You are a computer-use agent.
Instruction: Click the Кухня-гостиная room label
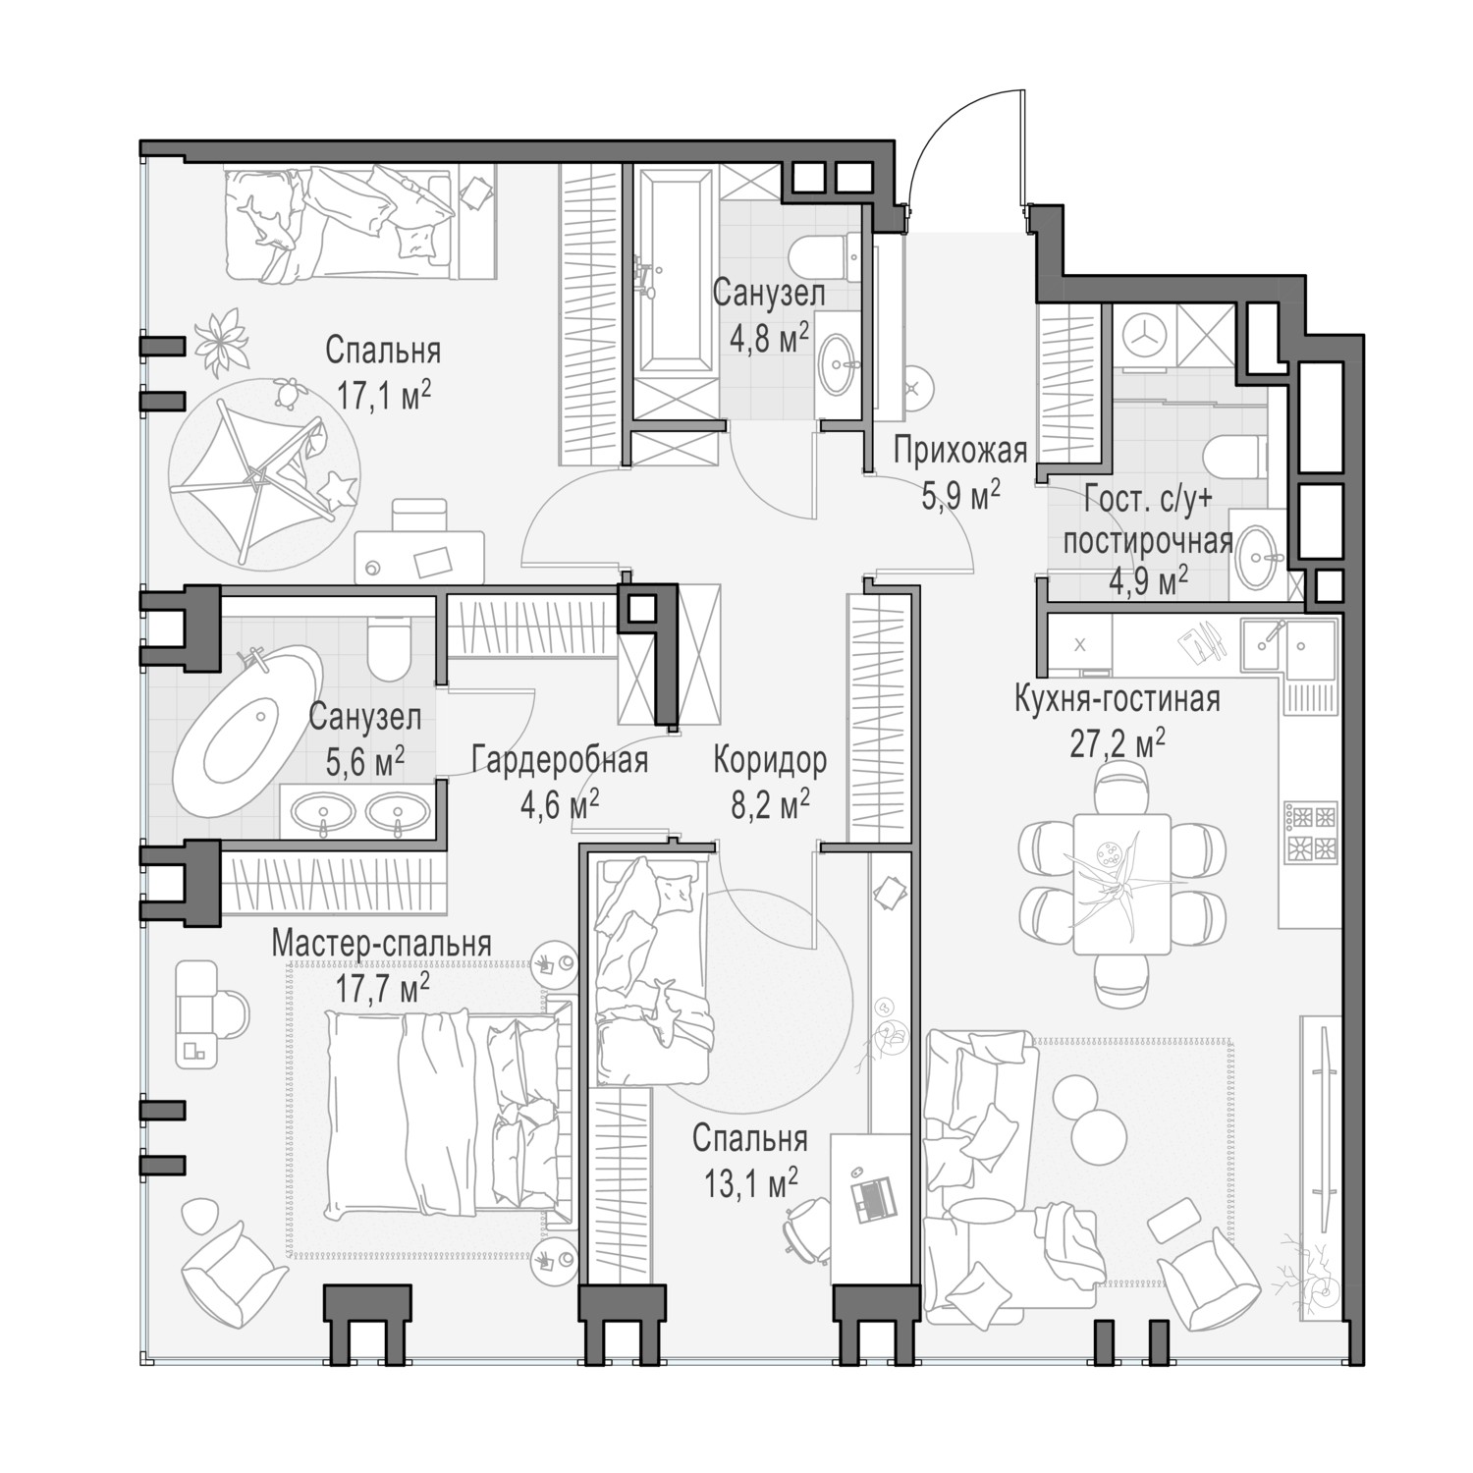click(x=1117, y=700)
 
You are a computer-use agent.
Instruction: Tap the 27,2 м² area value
click(x=1117, y=743)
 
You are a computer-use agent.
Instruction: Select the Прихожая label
click(x=959, y=452)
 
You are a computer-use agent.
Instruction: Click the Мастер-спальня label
click(x=381, y=944)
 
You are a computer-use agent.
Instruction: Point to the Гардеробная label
click(x=559, y=760)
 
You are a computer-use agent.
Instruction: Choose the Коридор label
click(x=770, y=760)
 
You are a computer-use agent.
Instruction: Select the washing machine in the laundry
click(x=1143, y=334)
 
